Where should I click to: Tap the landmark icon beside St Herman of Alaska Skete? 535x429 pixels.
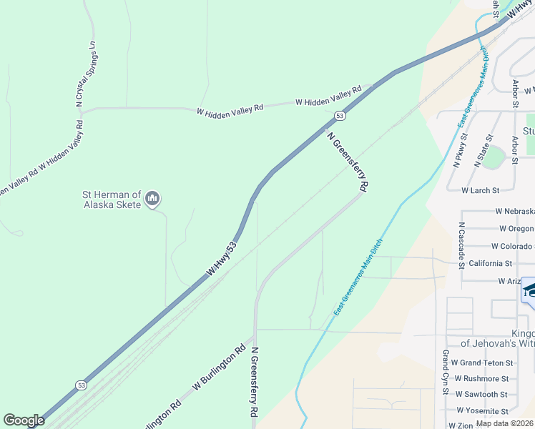(152, 198)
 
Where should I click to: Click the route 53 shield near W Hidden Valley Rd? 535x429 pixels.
(340, 115)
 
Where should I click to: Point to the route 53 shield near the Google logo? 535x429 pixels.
(80, 385)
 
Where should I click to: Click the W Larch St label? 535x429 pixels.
(481, 190)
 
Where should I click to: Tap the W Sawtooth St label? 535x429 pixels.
(484, 394)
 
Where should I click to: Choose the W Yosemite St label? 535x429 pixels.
(484, 410)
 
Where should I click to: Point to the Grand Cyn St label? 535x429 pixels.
(445, 373)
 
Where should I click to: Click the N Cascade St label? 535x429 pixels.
(462, 240)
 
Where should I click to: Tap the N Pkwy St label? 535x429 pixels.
(460, 150)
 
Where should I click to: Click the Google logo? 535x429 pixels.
(24, 420)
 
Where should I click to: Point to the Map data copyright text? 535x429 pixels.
(505, 423)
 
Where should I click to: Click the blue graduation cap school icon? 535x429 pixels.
(530, 291)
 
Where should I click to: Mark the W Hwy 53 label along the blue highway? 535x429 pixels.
(222, 259)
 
